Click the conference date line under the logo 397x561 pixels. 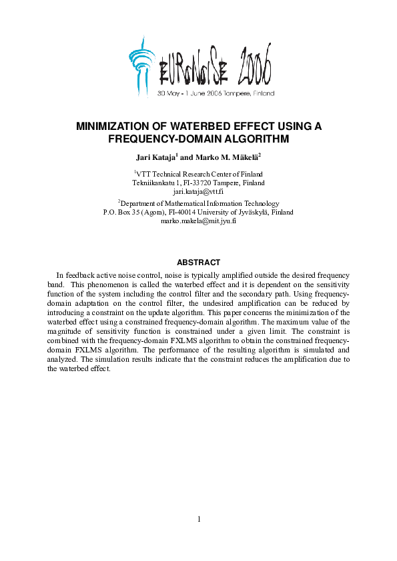pos(216,94)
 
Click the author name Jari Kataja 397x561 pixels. pos(155,159)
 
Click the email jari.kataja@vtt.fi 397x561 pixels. pos(198,191)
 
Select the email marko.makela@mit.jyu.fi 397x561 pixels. pos(198,221)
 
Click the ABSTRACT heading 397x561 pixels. pos(198,263)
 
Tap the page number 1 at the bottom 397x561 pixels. pos(199,519)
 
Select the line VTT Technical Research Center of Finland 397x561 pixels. pos(199,173)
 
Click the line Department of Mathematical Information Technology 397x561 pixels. pos(199,203)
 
